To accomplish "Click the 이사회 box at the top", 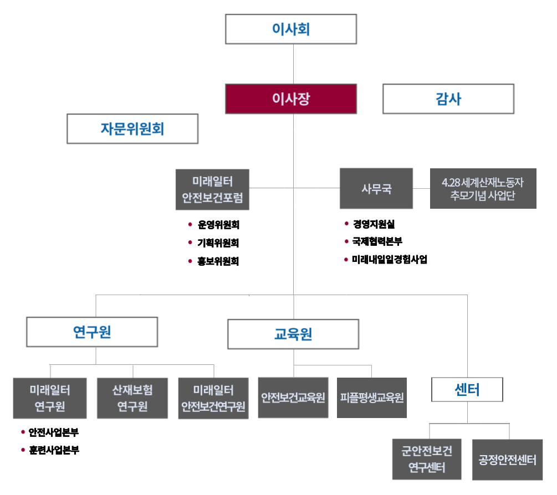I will coord(291,29).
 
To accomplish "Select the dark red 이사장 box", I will coord(291,99).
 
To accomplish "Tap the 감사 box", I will coord(448,100).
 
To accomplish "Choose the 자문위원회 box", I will coord(132,129).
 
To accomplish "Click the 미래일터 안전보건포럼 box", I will coord(213,189).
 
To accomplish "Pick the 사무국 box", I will coord(376,189).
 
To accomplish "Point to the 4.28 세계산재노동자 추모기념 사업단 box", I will coord(483,189).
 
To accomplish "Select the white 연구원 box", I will coord(93,332).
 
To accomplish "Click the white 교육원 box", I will coord(293,334).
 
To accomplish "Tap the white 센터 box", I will coord(467,390).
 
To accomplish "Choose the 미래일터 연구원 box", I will coord(50,398).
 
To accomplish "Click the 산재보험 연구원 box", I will coord(132,398).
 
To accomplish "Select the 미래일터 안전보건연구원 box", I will coord(213,398).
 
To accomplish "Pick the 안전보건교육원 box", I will coord(293,398).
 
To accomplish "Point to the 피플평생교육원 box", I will coord(372,398).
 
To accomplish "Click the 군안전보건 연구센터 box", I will coord(427,459).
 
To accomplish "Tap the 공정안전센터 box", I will coord(508,460).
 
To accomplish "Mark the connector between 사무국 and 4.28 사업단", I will coord(421,189).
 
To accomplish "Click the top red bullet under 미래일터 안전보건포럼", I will coord(190,225).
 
